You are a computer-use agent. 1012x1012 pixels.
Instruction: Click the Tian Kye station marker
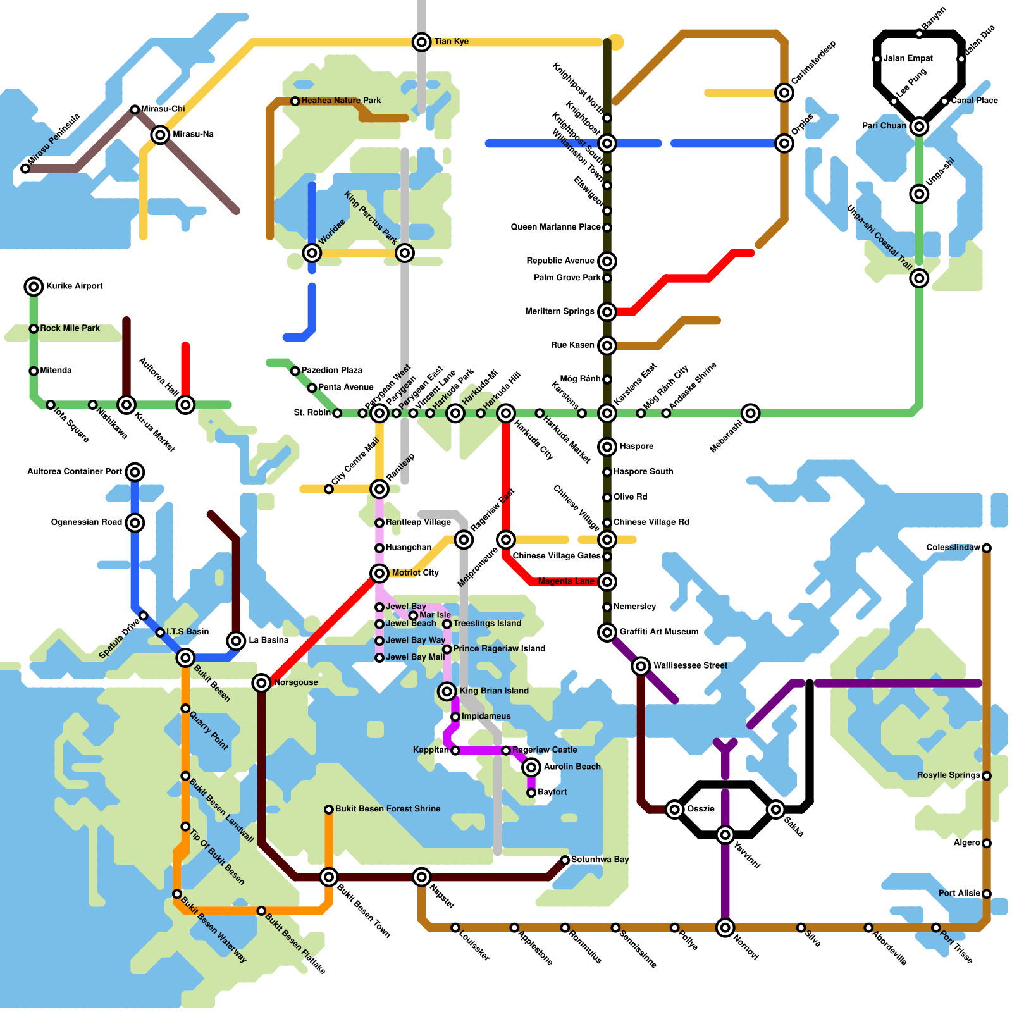[x=421, y=42]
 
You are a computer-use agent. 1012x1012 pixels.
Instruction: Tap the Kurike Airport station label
[x=75, y=286]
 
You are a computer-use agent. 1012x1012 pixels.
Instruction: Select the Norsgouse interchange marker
[x=261, y=682]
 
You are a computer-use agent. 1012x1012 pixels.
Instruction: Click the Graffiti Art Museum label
[x=659, y=632]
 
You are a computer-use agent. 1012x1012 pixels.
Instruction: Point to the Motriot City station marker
[x=379, y=573]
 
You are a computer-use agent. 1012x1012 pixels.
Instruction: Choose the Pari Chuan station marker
[x=919, y=126]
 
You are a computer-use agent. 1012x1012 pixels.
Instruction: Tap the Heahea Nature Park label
[x=341, y=101]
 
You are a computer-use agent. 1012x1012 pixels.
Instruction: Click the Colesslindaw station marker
[x=987, y=548]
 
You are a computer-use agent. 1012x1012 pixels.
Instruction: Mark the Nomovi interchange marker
[x=725, y=927]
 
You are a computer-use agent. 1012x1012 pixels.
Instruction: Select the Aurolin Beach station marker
[x=531, y=767]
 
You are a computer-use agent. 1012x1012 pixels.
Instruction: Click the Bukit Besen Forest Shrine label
[x=388, y=809]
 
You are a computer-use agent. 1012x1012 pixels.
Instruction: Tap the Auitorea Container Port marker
[x=135, y=472]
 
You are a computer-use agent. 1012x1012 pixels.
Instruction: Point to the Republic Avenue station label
[x=560, y=261]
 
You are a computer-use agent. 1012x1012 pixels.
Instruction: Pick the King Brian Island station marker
[x=447, y=691]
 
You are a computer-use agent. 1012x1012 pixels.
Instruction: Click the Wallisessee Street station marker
[x=641, y=665]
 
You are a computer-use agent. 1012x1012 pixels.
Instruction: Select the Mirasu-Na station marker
[x=161, y=134]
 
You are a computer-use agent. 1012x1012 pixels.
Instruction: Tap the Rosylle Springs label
[x=948, y=775]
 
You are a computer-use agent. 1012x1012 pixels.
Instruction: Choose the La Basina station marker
[x=236, y=641]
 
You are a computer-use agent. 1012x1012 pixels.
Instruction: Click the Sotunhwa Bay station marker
[x=565, y=860]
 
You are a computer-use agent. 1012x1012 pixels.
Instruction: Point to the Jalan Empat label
[x=908, y=58]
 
